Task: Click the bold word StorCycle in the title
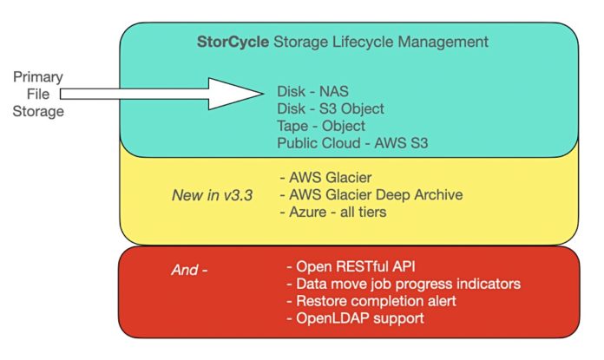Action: click(233, 42)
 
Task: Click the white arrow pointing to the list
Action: click(161, 94)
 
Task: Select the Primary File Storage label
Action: click(38, 94)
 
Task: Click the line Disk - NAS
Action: click(312, 92)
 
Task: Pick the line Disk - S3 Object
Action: click(331, 109)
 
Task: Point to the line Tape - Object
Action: click(321, 127)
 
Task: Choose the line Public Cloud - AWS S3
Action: click(352, 143)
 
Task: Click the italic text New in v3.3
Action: click(213, 195)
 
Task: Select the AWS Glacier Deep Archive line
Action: click(371, 195)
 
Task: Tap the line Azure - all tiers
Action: click(333, 212)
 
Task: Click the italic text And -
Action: click(189, 270)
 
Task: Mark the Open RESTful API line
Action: click(351, 266)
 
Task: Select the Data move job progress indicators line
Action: click(404, 284)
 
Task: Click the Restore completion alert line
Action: click(371, 301)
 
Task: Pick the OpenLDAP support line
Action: click(355, 318)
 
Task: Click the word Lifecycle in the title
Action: click(363, 42)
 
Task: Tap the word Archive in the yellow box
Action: click(438, 195)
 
